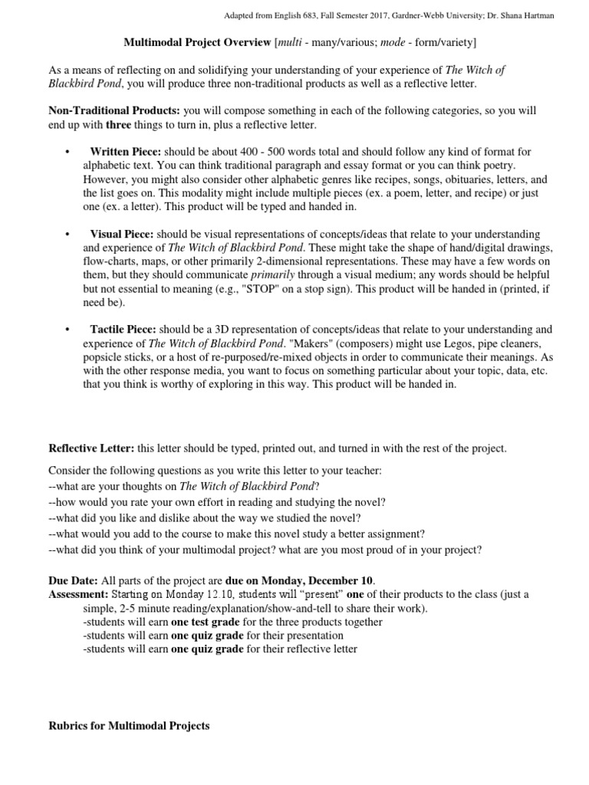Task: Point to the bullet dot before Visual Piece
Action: [69, 234]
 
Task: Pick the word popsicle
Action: [104, 357]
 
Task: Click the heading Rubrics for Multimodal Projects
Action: [129, 725]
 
